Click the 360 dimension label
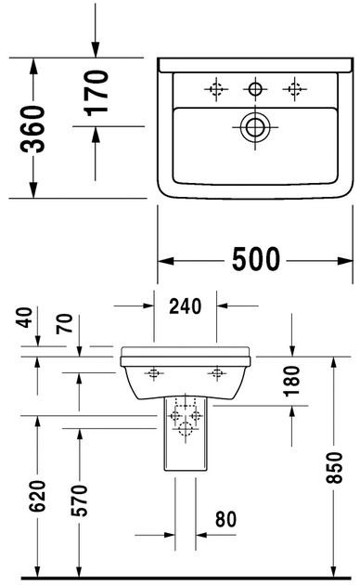(x=32, y=129)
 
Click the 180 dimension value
(x=294, y=378)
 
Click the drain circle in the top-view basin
(x=253, y=128)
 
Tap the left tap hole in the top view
(x=214, y=89)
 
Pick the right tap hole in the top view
(x=295, y=89)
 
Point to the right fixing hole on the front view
(x=218, y=373)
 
